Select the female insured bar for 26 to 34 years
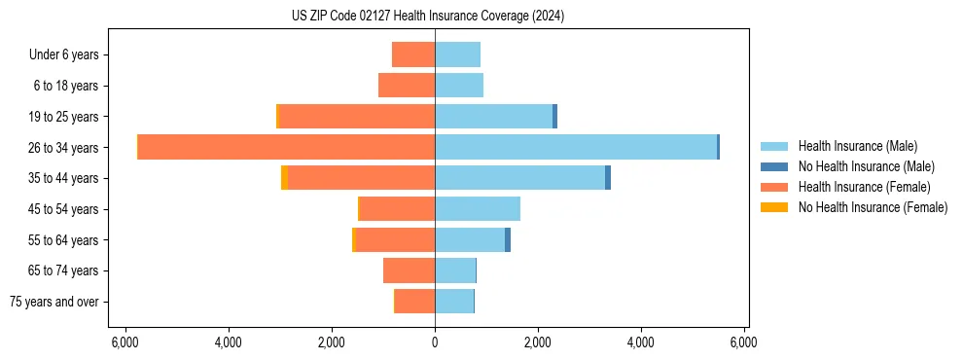[286, 147]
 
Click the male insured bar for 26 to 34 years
[576, 147]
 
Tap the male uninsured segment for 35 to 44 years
[608, 178]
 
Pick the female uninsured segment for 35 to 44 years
[284, 178]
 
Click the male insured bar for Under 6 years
[457, 54]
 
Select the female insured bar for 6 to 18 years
[407, 86]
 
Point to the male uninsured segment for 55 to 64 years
[508, 239]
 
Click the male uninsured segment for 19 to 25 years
[555, 117]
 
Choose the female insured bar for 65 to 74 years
[409, 270]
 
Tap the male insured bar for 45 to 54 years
[478, 209]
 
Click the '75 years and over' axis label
[54, 302]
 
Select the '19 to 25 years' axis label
[65, 117]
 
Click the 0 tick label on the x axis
[435, 342]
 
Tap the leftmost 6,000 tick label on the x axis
[125, 342]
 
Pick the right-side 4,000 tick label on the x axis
[641, 342]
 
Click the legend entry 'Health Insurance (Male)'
[857, 146]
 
